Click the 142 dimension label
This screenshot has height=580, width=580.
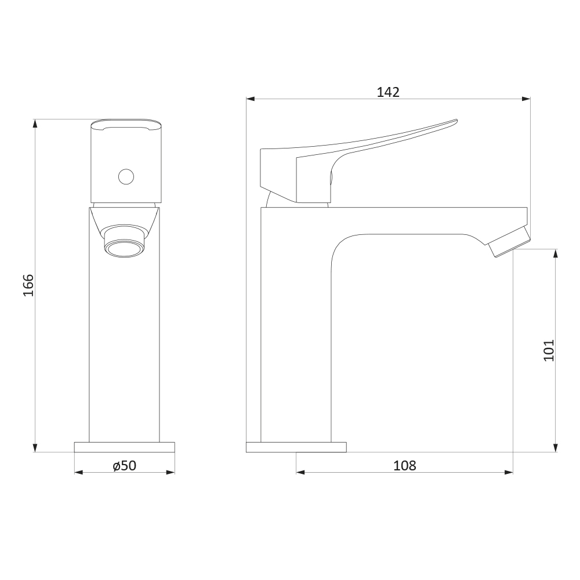[x=388, y=92]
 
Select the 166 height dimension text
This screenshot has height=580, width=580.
[x=28, y=285]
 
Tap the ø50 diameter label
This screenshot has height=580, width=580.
[x=125, y=466]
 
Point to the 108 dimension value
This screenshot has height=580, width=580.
[x=405, y=466]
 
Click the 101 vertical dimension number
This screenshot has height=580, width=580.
[x=549, y=350]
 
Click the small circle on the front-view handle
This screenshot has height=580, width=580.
[x=126, y=177]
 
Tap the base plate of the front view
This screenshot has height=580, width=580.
[x=125, y=447]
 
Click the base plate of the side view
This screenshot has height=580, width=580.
[x=296, y=447]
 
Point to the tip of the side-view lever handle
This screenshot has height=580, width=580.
[x=457, y=120]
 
